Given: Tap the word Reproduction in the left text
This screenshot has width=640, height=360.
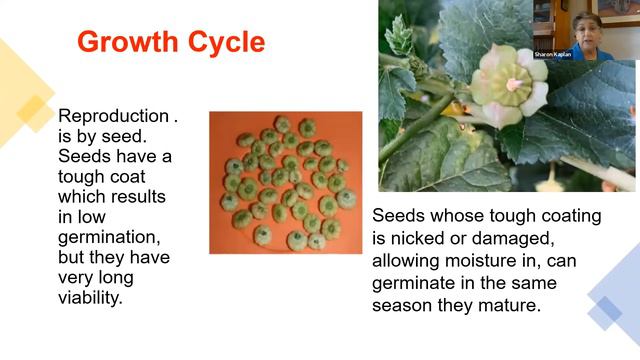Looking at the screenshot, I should (112, 116).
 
